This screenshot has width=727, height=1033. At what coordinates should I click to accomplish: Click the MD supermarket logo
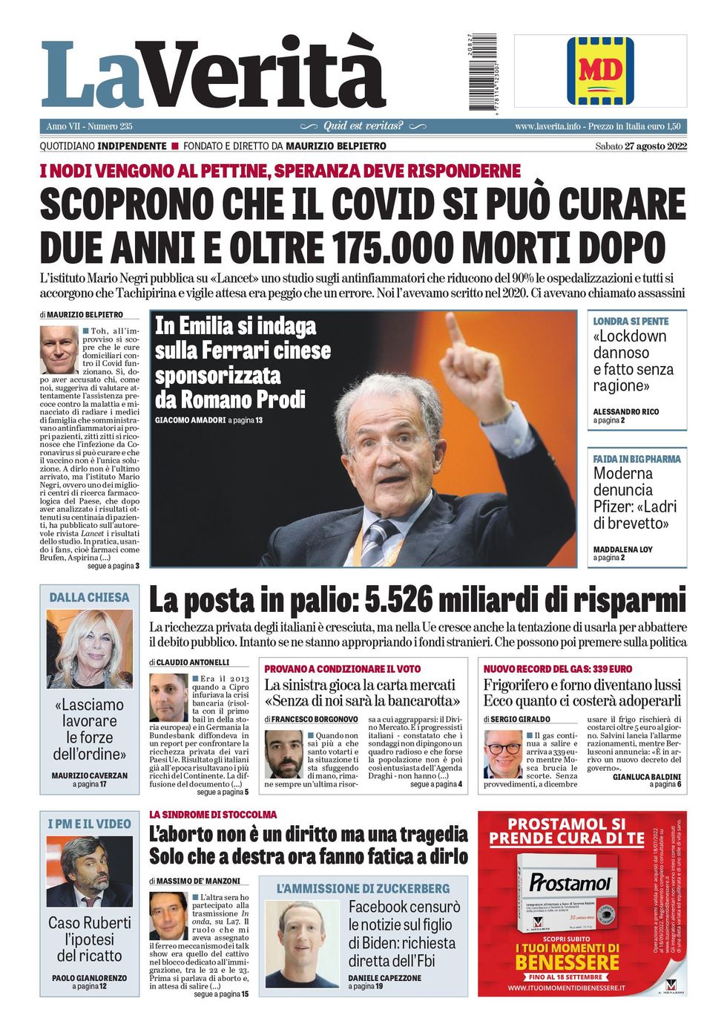coord(600,71)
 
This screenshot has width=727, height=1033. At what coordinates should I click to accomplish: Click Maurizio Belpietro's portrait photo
coord(59,349)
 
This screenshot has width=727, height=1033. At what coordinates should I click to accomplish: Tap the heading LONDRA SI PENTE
coord(631,322)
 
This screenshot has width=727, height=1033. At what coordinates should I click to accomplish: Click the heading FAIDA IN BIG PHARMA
coord(636,459)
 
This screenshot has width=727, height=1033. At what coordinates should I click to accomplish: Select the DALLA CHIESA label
coord(89,597)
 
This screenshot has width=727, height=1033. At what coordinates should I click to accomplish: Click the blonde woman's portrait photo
coord(89,649)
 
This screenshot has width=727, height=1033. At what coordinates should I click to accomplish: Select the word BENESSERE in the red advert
coord(568,963)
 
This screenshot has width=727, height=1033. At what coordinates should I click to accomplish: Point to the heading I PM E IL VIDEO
coord(89,824)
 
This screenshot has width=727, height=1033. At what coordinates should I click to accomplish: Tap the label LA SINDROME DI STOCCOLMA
coord(213,815)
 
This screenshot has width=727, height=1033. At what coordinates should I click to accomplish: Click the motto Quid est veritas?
coord(363,126)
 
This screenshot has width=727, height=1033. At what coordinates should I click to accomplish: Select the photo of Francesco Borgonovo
coord(284,754)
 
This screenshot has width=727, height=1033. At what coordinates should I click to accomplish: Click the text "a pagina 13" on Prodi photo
coord(245,420)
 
